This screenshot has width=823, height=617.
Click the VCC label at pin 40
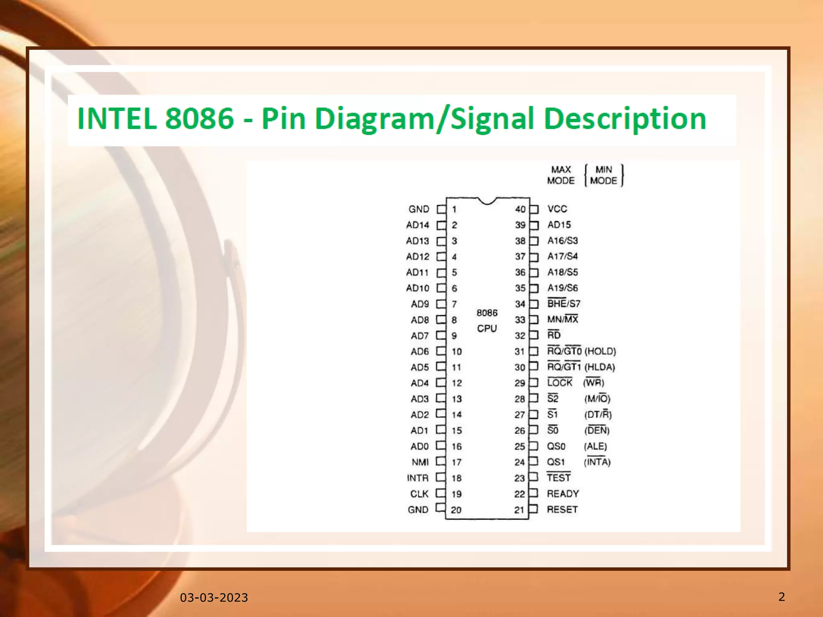[557, 209]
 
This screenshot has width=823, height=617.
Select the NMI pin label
[420, 462]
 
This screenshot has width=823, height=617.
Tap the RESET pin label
[562, 509]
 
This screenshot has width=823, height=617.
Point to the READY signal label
[563, 494]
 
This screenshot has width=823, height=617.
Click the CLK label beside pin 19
[419, 494]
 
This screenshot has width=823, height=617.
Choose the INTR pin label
[418, 478]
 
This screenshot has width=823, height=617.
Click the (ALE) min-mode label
[596, 446]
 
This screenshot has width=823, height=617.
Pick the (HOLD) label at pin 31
[600, 351]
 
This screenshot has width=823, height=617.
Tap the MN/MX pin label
[562, 319]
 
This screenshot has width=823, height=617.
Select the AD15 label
[559, 225]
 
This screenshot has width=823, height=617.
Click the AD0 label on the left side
[420, 446]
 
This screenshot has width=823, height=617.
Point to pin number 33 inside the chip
[520, 320]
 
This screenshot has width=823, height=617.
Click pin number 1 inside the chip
[454, 209]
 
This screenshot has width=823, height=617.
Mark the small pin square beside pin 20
[440, 507]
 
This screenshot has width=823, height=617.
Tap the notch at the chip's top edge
[487, 201]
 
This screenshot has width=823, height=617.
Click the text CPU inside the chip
[487, 329]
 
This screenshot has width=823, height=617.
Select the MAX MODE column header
[561, 175]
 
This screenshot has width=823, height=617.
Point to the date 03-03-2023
[214, 598]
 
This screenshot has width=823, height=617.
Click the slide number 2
[782, 597]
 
